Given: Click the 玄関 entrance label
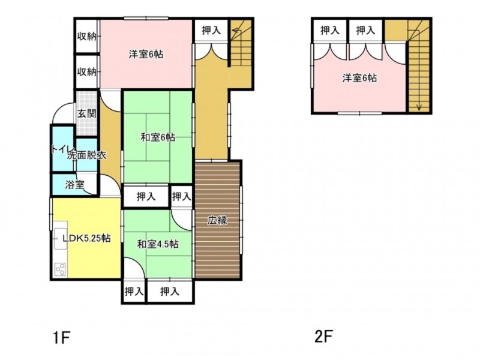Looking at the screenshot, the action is [86, 113].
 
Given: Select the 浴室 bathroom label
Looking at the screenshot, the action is [74, 185].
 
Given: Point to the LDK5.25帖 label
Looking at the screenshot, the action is [86, 238].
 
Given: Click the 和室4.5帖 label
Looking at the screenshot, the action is [158, 244].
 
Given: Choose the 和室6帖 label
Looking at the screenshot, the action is [158, 138].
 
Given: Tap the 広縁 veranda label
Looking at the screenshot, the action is [217, 220].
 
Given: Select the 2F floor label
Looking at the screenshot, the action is [323, 337].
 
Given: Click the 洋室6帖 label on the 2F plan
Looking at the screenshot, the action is [359, 78].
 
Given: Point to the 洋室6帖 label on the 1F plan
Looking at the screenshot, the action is [146, 55].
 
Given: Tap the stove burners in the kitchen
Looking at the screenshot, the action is [61, 269].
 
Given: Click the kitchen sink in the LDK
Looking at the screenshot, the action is [61, 239].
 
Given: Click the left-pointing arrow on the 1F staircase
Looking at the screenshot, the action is [236, 31].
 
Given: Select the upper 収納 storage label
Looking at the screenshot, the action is [86, 37].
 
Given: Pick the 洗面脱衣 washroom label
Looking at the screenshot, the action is [86, 155].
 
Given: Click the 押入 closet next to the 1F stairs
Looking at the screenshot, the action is [211, 31].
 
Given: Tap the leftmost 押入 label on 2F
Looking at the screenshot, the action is [329, 30].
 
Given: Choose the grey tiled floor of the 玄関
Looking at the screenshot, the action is [86, 113].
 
